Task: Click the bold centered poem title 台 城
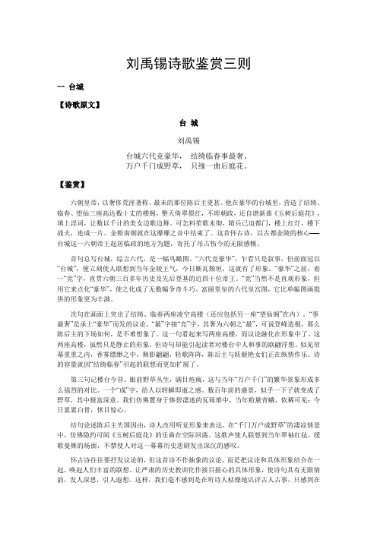[x=188, y=121]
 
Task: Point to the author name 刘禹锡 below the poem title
[x=188, y=140]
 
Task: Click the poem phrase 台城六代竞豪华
[x=152, y=153]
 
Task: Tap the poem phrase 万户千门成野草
[x=152, y=164]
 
